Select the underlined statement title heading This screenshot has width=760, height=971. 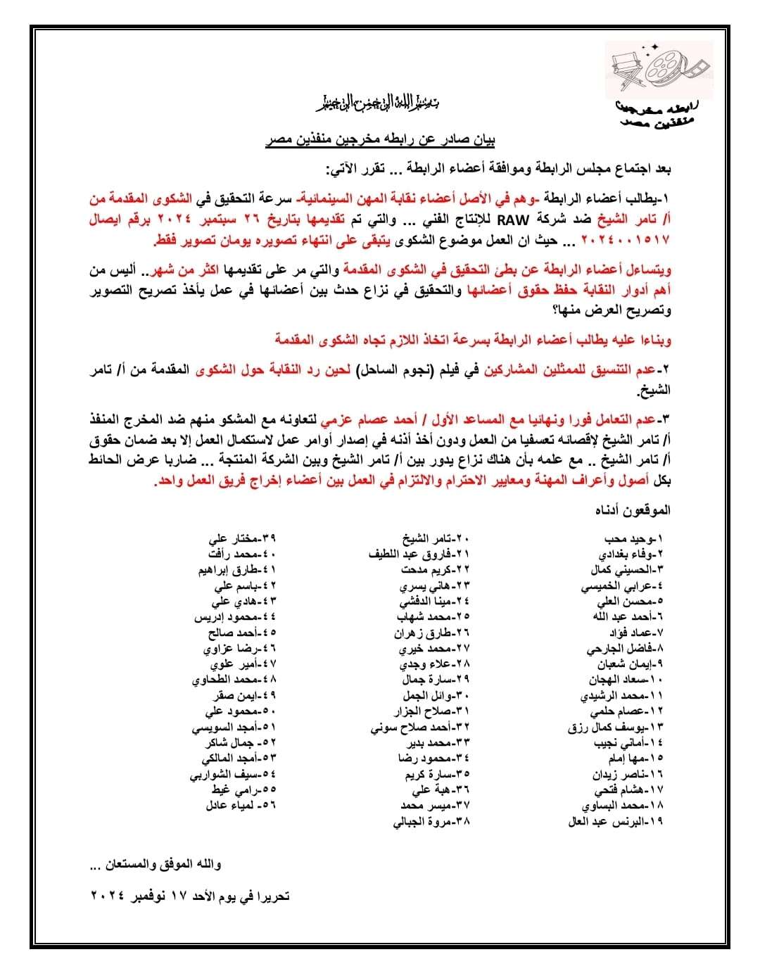[x=380, y=140]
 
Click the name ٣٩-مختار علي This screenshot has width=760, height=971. [x=242, y=539]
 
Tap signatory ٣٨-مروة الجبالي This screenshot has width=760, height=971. [x=432, y=821]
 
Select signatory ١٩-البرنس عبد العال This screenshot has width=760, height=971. [x=616, y=821]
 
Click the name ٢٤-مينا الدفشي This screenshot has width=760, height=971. [x=434, y=602]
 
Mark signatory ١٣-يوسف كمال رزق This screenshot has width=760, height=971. [x=616, y=727]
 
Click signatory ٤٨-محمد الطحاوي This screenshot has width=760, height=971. [x=234, y=680]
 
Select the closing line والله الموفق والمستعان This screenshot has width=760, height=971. [x=156, y=863]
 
